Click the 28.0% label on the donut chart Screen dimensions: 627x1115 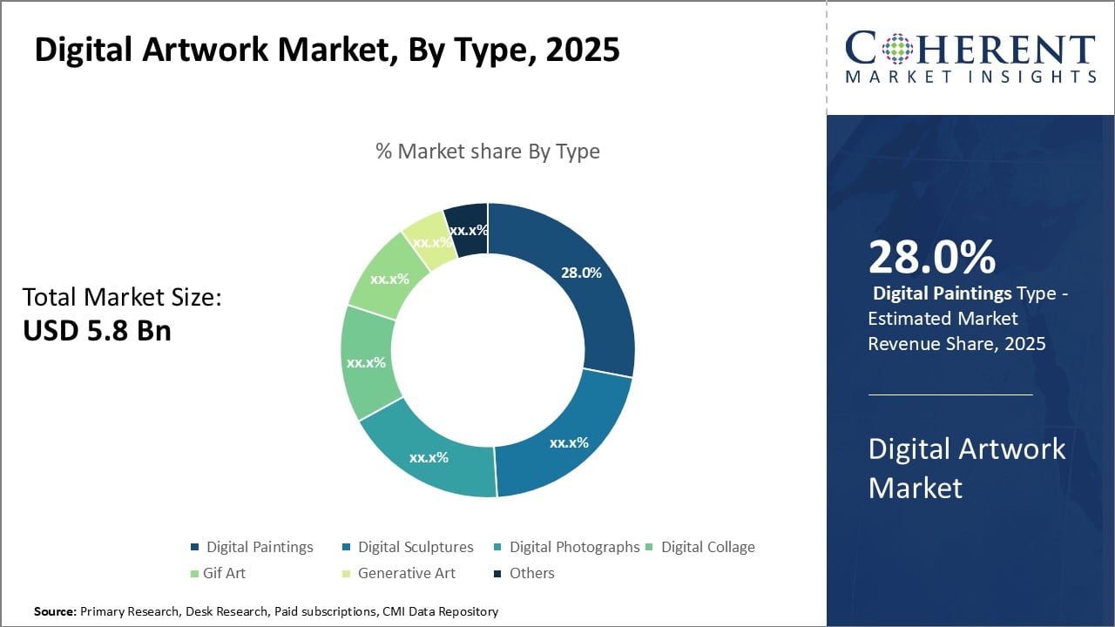coord(581,273)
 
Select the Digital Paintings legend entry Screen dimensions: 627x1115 coord(259,547)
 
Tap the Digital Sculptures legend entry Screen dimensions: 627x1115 coord(416,547)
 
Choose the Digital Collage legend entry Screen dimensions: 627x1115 coord(707,547)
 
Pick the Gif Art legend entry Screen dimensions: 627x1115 coord(224,573)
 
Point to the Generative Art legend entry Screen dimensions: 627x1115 coord(406,573)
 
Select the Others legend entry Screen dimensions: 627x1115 coord(531,573)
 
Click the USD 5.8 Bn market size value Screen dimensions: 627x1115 coord(97,330)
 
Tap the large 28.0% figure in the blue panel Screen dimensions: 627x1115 coord(931,258)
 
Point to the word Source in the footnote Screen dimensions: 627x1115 coord(55,612)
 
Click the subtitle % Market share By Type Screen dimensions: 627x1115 coord(487,152)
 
